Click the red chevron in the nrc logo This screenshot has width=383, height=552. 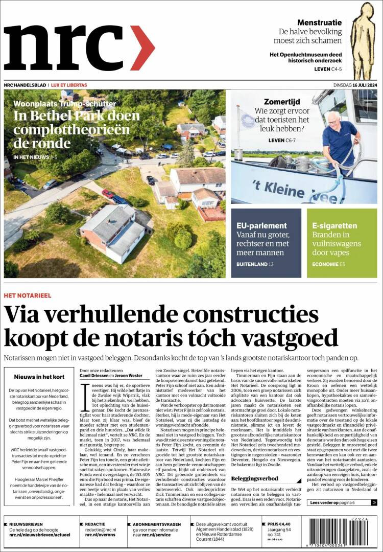click(142, 48)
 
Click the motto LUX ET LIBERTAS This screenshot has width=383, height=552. click(69, 85)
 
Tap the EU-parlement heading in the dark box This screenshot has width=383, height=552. click(261, 225)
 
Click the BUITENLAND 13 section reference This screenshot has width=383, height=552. click(255, 264)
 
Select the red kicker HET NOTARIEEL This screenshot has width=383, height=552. click(27, 295)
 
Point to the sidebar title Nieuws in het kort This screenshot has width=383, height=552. click(39, 377)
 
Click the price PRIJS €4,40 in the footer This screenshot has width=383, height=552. click(279, 524)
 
